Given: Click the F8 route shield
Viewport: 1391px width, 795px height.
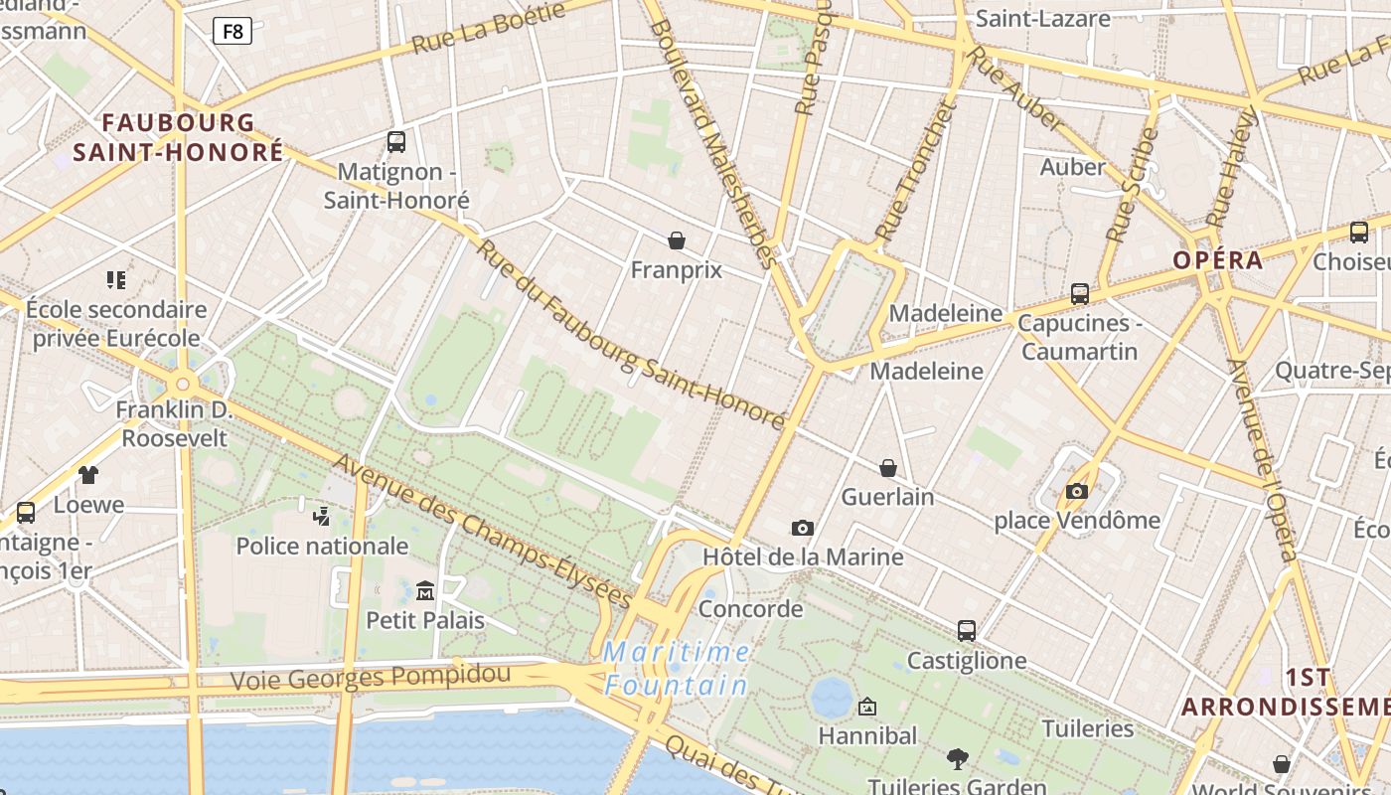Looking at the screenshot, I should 232,31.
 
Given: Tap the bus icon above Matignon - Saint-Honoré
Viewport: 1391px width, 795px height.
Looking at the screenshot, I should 396,142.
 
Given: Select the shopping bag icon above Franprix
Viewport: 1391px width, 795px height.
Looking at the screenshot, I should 677,240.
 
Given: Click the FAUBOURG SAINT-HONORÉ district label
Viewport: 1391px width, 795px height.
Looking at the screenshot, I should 178,137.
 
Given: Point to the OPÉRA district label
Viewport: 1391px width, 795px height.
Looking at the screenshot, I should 1218,260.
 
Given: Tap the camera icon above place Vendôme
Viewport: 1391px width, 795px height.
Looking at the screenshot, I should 1077,491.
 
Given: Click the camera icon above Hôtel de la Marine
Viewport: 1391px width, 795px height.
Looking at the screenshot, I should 803,528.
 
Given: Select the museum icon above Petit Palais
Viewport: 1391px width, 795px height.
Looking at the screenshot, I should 425,590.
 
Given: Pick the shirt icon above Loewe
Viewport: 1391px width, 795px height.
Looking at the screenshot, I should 88,475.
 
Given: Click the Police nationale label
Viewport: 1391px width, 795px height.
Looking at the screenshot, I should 322,546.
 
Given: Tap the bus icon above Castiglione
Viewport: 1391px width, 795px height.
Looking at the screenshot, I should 967,631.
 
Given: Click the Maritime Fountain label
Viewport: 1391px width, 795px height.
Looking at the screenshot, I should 677,669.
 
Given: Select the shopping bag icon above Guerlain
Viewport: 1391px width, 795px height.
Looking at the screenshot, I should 888,468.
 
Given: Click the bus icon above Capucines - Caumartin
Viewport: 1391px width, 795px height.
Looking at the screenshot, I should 1080,294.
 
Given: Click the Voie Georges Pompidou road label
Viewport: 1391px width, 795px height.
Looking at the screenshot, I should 371,678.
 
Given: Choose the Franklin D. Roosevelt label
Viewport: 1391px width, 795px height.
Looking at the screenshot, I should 174,423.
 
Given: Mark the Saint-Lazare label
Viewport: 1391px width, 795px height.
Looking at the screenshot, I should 1042,18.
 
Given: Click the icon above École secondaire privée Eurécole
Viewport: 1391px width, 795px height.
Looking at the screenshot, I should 116,280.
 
